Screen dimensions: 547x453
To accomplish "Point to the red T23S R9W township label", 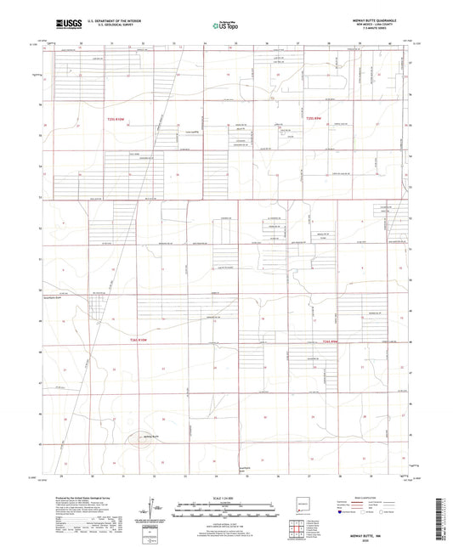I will coord(314,119).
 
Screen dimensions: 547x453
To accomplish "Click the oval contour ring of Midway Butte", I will coord(136,439).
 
